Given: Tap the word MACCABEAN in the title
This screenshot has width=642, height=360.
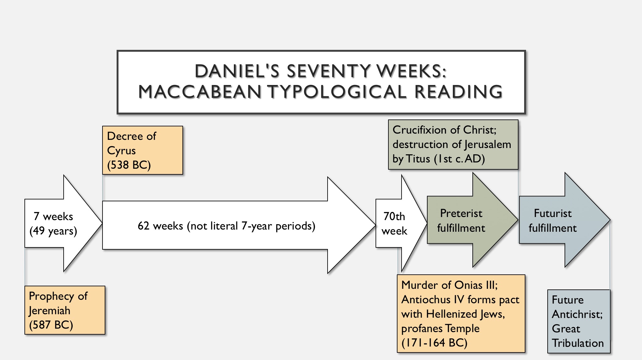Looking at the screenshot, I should click(x=200, y=92).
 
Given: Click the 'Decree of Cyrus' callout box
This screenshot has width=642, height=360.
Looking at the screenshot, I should click(x=142, y=150).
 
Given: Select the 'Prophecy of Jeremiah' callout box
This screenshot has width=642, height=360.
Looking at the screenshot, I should click(x=65, y=310).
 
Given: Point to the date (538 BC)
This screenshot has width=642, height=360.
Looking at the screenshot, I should click(x=129, y=165).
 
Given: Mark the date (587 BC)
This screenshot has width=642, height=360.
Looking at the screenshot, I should click(x=51, y=325).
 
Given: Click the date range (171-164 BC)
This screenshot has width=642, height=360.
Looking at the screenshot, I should click(x=434, y=343).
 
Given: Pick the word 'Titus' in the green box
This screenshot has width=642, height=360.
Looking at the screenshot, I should click(x=418, y=159).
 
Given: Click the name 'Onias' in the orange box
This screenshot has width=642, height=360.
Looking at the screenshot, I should click(x=468, y=285).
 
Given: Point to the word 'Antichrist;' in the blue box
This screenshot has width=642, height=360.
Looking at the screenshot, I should click(x=577, y=314).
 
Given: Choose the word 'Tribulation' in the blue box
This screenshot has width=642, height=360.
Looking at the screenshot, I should click(x=578, y=343).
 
